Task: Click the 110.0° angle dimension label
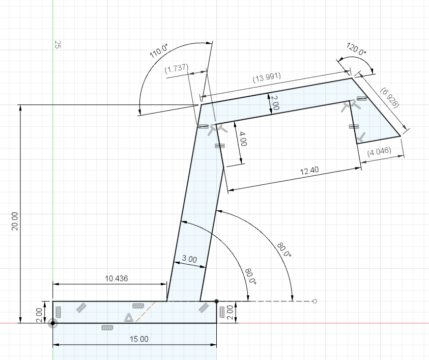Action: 159,51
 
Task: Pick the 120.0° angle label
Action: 356,50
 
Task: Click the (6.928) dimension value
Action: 390,97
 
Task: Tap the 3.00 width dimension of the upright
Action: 189,259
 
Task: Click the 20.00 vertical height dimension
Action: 14,222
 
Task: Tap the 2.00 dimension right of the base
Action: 229,311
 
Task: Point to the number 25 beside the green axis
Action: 58,45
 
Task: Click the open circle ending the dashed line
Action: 314,301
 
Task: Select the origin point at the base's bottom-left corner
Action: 53,323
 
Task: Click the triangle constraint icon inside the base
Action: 129,318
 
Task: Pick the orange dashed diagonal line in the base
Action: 146,311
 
